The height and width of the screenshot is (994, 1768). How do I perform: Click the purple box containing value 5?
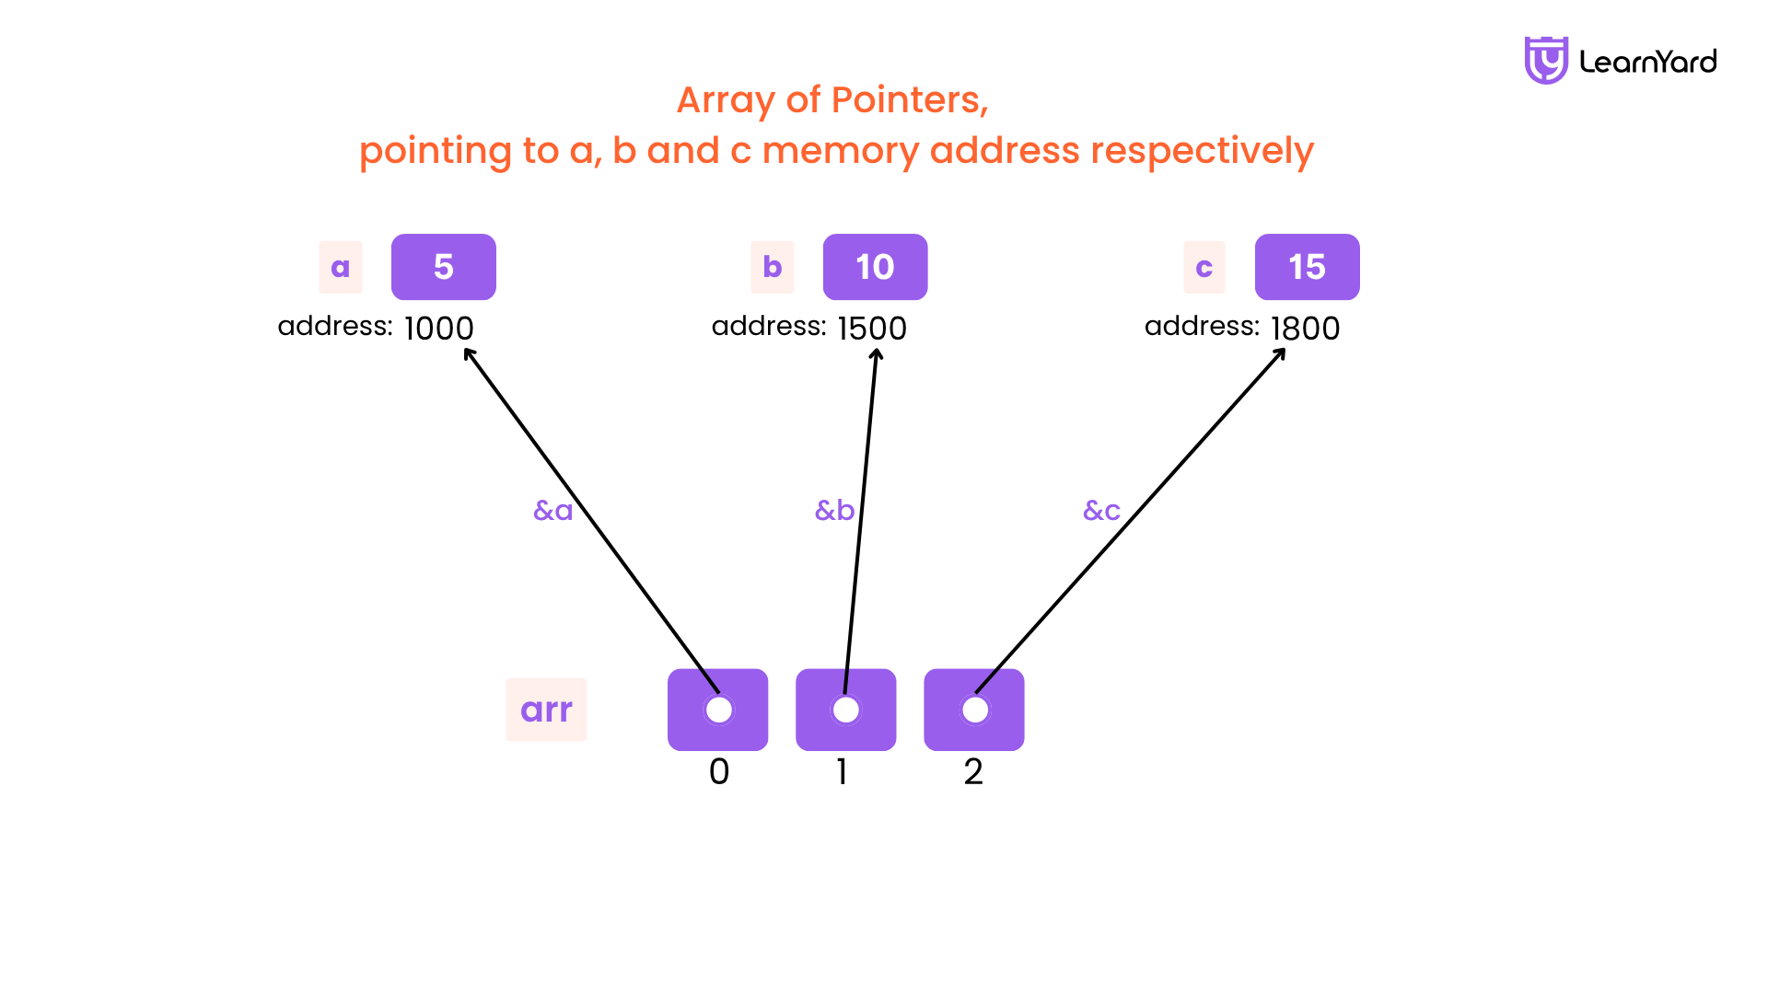[444, 267]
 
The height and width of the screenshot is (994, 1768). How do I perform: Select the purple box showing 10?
[875, 267]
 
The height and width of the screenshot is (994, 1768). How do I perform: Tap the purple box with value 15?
[1307, 267]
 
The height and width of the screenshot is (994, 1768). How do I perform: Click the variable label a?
[341, 267]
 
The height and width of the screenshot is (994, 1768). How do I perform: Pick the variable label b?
[773, 267]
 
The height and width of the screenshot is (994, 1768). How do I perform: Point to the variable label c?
[1204, 267]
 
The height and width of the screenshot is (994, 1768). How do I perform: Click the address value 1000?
[438, 329]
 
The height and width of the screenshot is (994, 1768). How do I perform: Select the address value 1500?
[872, 329]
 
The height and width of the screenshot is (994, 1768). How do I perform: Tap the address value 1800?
[1305, 329]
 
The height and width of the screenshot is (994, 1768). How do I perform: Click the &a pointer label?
[553, 510]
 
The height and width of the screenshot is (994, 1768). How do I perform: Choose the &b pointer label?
[835, 510]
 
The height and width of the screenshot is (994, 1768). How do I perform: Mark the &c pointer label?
[1102, 510]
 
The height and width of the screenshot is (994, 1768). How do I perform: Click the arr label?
[546, 710]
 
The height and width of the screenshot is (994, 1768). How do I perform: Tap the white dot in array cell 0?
[718, 710]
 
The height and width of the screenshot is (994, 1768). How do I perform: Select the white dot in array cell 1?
[845, 710]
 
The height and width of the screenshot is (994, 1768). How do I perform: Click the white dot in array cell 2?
[974, 710]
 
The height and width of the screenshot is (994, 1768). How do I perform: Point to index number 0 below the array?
[719, 771]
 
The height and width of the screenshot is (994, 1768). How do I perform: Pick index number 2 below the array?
[973, 771]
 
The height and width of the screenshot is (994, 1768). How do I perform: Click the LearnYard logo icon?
[1546, 61]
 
